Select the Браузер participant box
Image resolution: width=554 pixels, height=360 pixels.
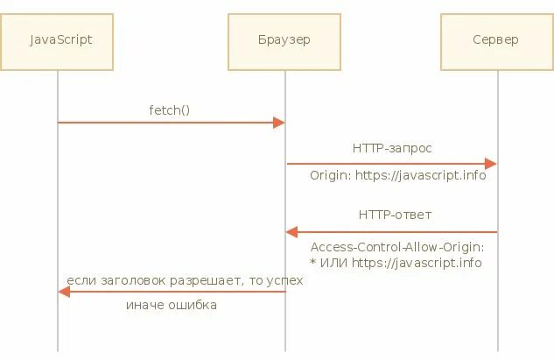click(284, 41)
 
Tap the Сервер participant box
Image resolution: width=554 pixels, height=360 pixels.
click(495, 41)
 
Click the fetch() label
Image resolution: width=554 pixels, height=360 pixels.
click(169, 109)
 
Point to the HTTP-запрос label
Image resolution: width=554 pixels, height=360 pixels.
click(392, 149)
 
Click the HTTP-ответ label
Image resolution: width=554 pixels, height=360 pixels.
click(395, 215)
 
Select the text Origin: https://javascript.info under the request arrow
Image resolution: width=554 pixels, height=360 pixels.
click(397, 176)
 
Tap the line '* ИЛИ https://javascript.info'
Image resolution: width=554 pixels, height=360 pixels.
click(396, 262)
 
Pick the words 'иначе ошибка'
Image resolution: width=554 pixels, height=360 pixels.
click(171, 306)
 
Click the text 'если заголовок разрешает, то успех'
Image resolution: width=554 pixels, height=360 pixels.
click(185, 280)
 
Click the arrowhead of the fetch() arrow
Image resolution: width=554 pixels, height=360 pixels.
click(279, 123)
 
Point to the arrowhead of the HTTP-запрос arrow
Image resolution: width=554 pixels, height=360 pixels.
click(491, 164)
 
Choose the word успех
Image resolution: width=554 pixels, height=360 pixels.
click(284, 280)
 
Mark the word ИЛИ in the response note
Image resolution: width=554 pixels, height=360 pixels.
click(333, 262)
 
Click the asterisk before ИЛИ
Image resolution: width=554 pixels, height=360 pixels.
click(313, 261)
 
